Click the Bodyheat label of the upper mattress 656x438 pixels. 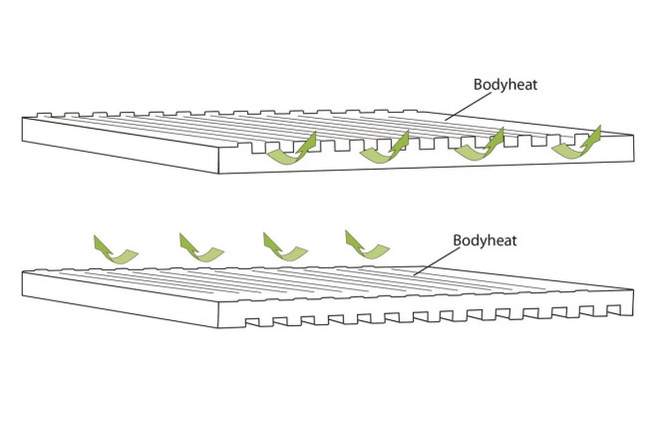pyautogui.click(x=505, y=84)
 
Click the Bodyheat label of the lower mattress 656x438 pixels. pyautogui.click(x=485, y=240)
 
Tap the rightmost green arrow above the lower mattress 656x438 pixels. pyautogui.click(x=366, y=245)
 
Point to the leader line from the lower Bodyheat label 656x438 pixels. pyautogui.click(x=433, y=261)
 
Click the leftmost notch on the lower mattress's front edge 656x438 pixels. pyautogui.click(x=251, y=321)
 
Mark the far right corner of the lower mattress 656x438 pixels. pyautogui.click(x=633, y=290)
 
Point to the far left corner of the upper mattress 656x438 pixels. pyautogui.click(x=23, y=118)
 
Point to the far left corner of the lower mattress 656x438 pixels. pyautogui.click(x=23, y=272)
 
